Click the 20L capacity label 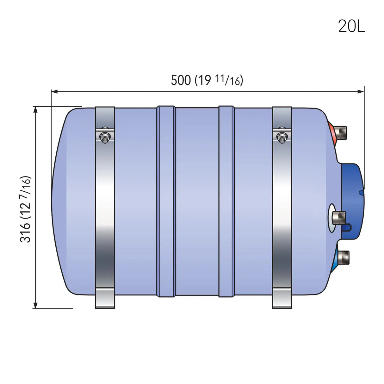(x=351, y=26)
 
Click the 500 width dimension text (x=181, y=80)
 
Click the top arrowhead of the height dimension (x=35, y=109)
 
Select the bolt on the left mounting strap (x=105, y=137)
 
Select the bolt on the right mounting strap (x=282, y=137)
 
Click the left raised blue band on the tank (x=166, y=201)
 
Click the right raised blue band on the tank (x=226, y=201)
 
